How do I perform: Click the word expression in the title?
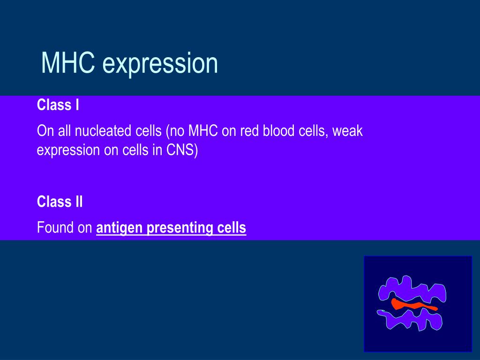(160, 65)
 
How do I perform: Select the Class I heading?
(58, 105)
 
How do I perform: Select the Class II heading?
(60, 202)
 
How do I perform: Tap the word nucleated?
(118, 131)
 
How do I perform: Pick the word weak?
(347, 131)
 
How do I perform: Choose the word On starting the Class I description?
(45, 131)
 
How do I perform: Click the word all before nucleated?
(65, 131)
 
